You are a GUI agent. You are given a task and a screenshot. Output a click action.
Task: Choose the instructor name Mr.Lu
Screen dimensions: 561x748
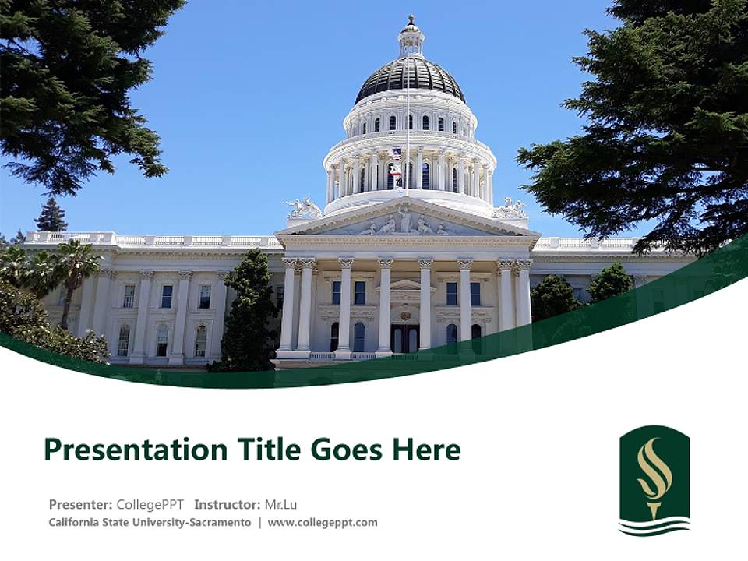point(280,504)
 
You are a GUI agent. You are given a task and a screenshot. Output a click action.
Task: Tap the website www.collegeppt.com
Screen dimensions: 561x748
point(323,523)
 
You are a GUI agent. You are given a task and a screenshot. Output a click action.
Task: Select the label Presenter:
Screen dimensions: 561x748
point(80,504)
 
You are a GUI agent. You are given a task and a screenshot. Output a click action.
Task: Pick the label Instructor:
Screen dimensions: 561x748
point(228,504)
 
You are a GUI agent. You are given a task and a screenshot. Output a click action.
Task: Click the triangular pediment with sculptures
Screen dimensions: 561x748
point(408,221)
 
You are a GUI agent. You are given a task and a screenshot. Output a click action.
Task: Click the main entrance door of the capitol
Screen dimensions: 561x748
point(405,338)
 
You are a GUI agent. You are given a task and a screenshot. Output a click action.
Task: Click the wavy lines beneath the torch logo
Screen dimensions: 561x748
point(654,527)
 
